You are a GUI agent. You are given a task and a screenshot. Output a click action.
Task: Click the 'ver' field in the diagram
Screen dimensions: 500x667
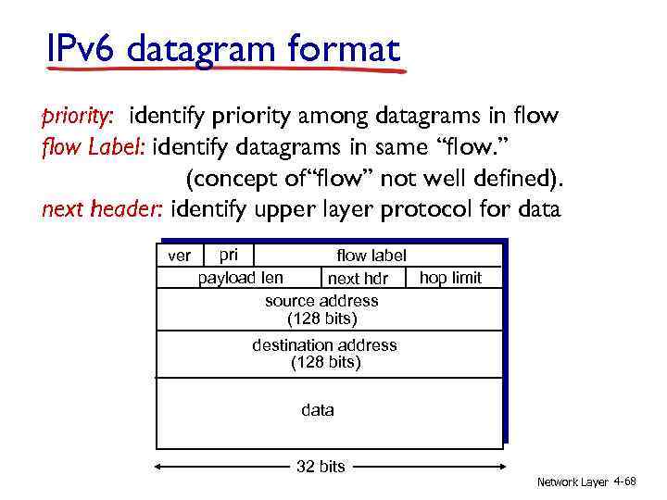coord(178,256)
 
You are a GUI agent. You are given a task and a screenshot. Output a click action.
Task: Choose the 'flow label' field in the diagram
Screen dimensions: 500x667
coord(371,255)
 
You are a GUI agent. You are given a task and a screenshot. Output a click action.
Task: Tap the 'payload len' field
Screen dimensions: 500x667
coord(241,278)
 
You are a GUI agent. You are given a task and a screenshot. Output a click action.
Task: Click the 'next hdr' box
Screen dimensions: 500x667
coord(358,279)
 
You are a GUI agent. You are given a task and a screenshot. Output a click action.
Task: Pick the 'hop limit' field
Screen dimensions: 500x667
coord(450,278)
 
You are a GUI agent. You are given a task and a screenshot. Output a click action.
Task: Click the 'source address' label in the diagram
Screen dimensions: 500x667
coord(321,301)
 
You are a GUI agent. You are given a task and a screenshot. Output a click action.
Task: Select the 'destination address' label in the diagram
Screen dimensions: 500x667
coord(324,345)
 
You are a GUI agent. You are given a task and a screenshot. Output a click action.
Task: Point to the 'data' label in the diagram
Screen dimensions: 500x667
coord(318,409)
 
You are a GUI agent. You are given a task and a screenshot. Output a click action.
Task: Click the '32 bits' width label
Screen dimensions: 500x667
coord(320,467)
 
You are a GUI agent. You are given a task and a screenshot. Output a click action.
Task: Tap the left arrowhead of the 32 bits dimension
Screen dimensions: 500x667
coord(159,467)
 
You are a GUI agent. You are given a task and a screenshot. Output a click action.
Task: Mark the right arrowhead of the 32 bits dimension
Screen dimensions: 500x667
coord(499,467)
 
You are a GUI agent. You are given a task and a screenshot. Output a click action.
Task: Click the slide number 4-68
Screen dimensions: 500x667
coord(624,481)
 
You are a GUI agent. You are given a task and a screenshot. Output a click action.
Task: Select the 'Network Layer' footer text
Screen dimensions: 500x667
coord(572,482)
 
